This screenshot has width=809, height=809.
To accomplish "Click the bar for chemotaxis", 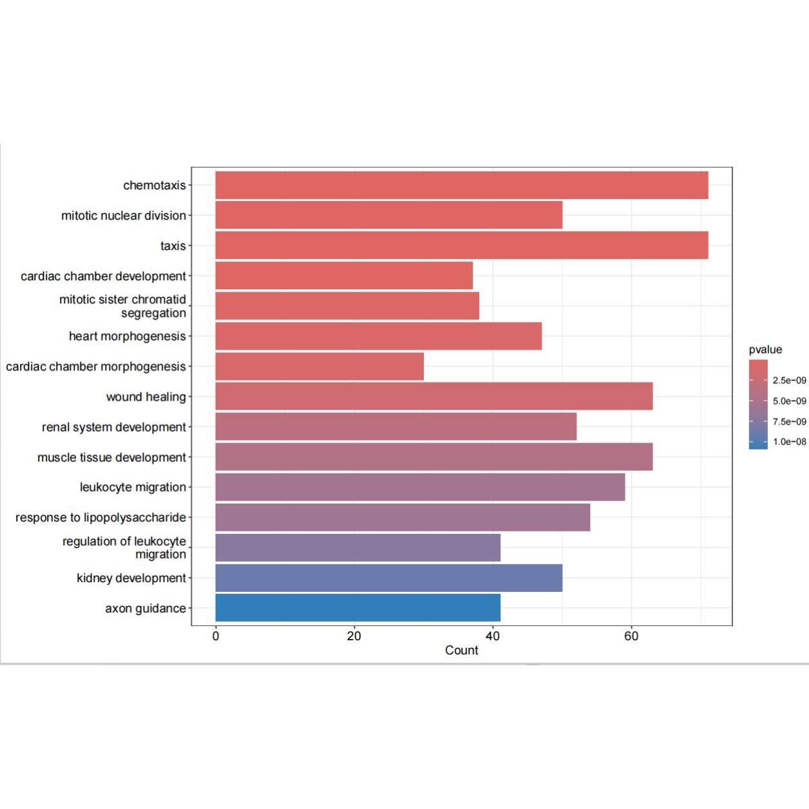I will [x=461, y=186].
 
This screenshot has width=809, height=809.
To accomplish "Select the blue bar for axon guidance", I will [x=357, y=608].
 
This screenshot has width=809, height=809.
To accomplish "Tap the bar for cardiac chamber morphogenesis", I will [x=319, y=366].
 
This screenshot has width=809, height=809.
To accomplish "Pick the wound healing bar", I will [x=433, y=396].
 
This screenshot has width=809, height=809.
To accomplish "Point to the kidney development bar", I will [x=388, y=578].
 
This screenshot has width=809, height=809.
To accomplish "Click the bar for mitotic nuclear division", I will [x=388, y=215].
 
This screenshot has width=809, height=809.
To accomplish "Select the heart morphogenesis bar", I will [x=378, y=336].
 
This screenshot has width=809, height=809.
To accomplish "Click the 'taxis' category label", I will [x=173, y=246].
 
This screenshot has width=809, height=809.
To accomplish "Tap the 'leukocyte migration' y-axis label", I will [x=133, y=488].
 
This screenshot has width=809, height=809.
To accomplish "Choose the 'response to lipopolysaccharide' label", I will [x=100, y=518].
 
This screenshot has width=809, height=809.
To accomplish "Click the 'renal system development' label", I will [x=113, y=427].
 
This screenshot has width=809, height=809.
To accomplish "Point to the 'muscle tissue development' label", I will [x=111, y=457].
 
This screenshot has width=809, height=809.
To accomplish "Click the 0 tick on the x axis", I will [x=216, y=636].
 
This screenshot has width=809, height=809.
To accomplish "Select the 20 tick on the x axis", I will [x=354, y=636].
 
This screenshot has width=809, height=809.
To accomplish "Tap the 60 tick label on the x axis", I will [x=631, y=636].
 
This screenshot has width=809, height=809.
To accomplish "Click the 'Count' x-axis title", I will [x=461, y=651].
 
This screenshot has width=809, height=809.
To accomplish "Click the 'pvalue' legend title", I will [x=765, y=350].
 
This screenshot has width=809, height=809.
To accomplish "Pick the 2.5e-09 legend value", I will [x=789, y=381].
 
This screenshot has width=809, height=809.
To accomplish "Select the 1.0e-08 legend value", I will [x=789, y=442].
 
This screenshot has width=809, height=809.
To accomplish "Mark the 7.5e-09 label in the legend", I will [x=789, y=422].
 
